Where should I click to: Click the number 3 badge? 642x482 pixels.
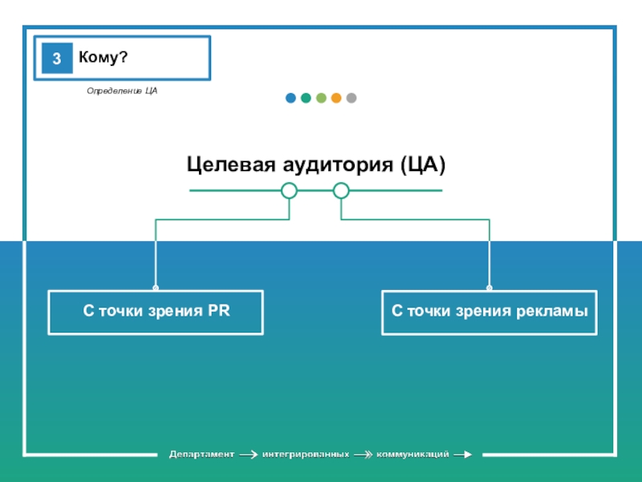point(57,59)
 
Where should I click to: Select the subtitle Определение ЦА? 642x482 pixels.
point(122,92)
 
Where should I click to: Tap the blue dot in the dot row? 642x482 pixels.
point(291,98)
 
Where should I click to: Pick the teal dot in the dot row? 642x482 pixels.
point(306,98)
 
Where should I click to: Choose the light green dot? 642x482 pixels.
point(321,98)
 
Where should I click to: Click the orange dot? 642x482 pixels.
point(336,98)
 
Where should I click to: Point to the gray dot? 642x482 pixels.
point(351,98)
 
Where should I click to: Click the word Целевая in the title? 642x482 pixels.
point(230,165)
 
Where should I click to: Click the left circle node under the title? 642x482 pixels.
point(290,190)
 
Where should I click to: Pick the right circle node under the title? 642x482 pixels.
point(341,190)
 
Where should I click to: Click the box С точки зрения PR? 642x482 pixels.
point(156,312)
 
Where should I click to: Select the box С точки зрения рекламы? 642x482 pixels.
point(490,312)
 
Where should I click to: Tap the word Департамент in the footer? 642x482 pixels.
point(201,455)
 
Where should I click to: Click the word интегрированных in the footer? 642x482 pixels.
point(306,455)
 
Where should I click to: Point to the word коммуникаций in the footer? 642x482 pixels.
point(412,455)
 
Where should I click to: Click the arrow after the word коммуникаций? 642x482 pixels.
point(463,455)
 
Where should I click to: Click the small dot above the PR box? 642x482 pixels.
point(156,288)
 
